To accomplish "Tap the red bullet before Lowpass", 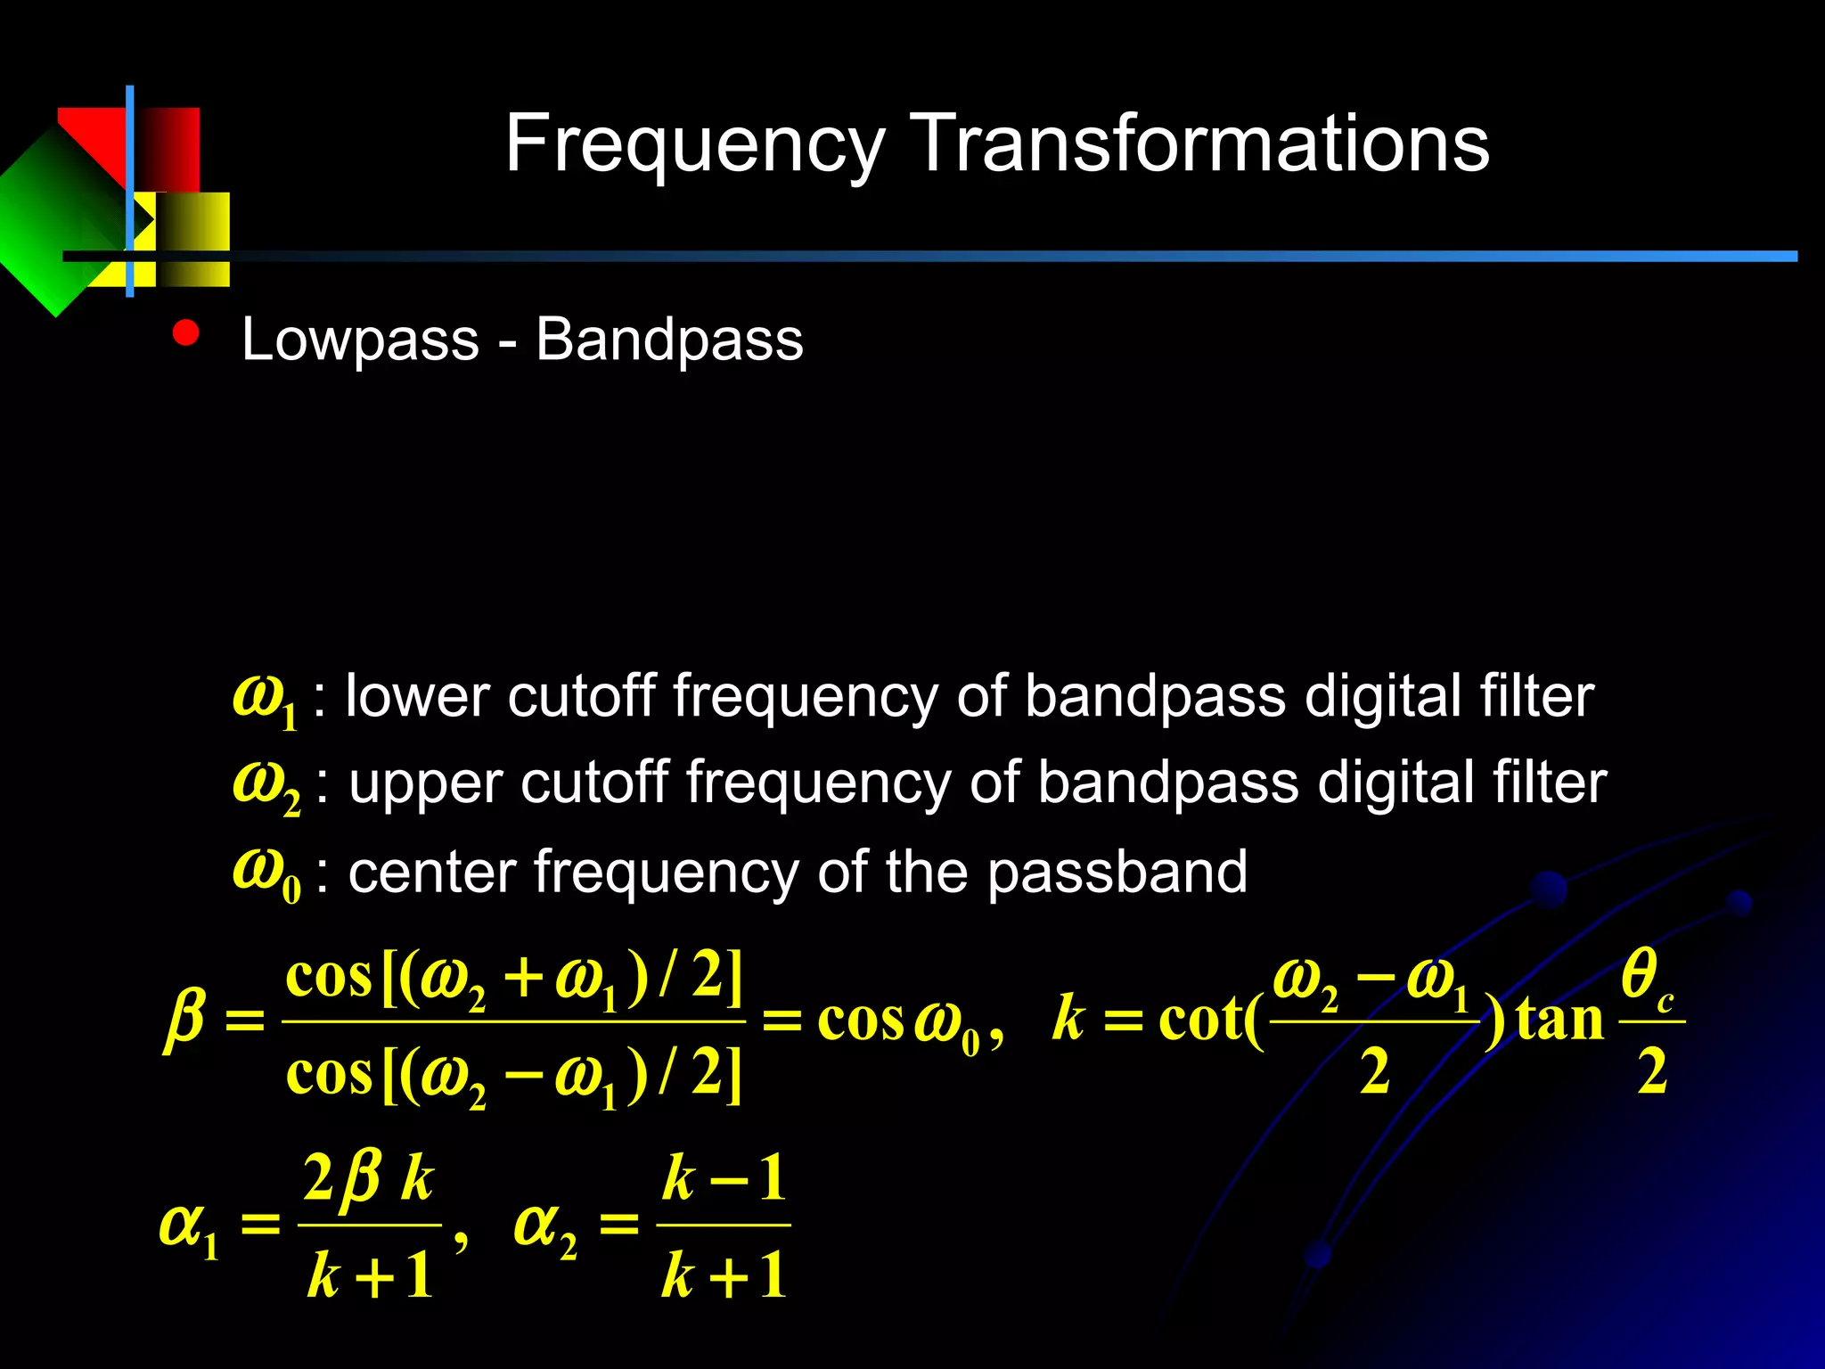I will (x=186, y=333).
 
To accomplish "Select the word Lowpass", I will (x=360, y=340).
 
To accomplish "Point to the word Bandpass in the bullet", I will (x=669, y=340).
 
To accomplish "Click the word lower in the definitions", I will (x=416, y=696).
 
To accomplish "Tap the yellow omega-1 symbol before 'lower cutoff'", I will (x=264, y=698).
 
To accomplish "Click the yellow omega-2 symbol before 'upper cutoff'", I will (x=266, y=785).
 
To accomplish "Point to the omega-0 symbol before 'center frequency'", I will (x=266, y=873).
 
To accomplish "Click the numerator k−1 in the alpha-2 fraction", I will (x=724, y=1178).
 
